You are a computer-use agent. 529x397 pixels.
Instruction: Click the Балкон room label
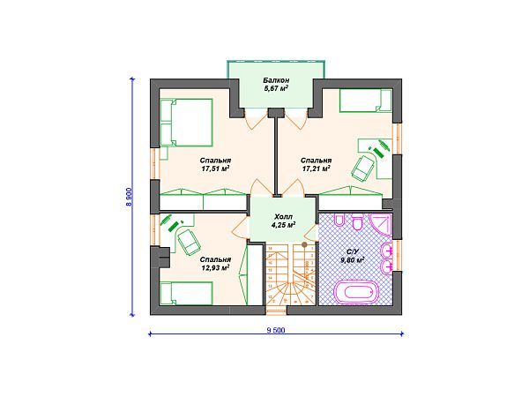(276, 80)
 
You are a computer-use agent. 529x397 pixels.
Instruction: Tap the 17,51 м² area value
(216, 169)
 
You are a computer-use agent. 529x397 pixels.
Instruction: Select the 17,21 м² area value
(316, 169)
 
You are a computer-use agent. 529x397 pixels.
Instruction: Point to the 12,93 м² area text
(216, 267)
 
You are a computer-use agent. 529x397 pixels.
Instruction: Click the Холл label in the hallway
(283, 216)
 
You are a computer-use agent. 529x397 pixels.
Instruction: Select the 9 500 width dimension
(276, 330)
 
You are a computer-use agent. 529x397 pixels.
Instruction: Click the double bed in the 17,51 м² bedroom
(186, 123)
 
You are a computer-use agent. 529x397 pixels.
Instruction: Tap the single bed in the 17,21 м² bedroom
(365, 101)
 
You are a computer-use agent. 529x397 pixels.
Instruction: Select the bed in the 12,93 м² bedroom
(186, 294)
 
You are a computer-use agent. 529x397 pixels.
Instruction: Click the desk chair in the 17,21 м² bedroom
(363, 167)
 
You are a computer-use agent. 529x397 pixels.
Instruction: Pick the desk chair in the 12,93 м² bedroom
(190, 242)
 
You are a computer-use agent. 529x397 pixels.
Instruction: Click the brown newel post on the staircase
(304, 244)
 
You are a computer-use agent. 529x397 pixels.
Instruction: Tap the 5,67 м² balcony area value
(276, 89)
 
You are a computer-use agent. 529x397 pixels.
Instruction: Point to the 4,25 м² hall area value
(283, 224)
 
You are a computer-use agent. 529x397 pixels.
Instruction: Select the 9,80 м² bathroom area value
(353, 259)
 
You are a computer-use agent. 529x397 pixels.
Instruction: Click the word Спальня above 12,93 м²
(216, 259)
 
